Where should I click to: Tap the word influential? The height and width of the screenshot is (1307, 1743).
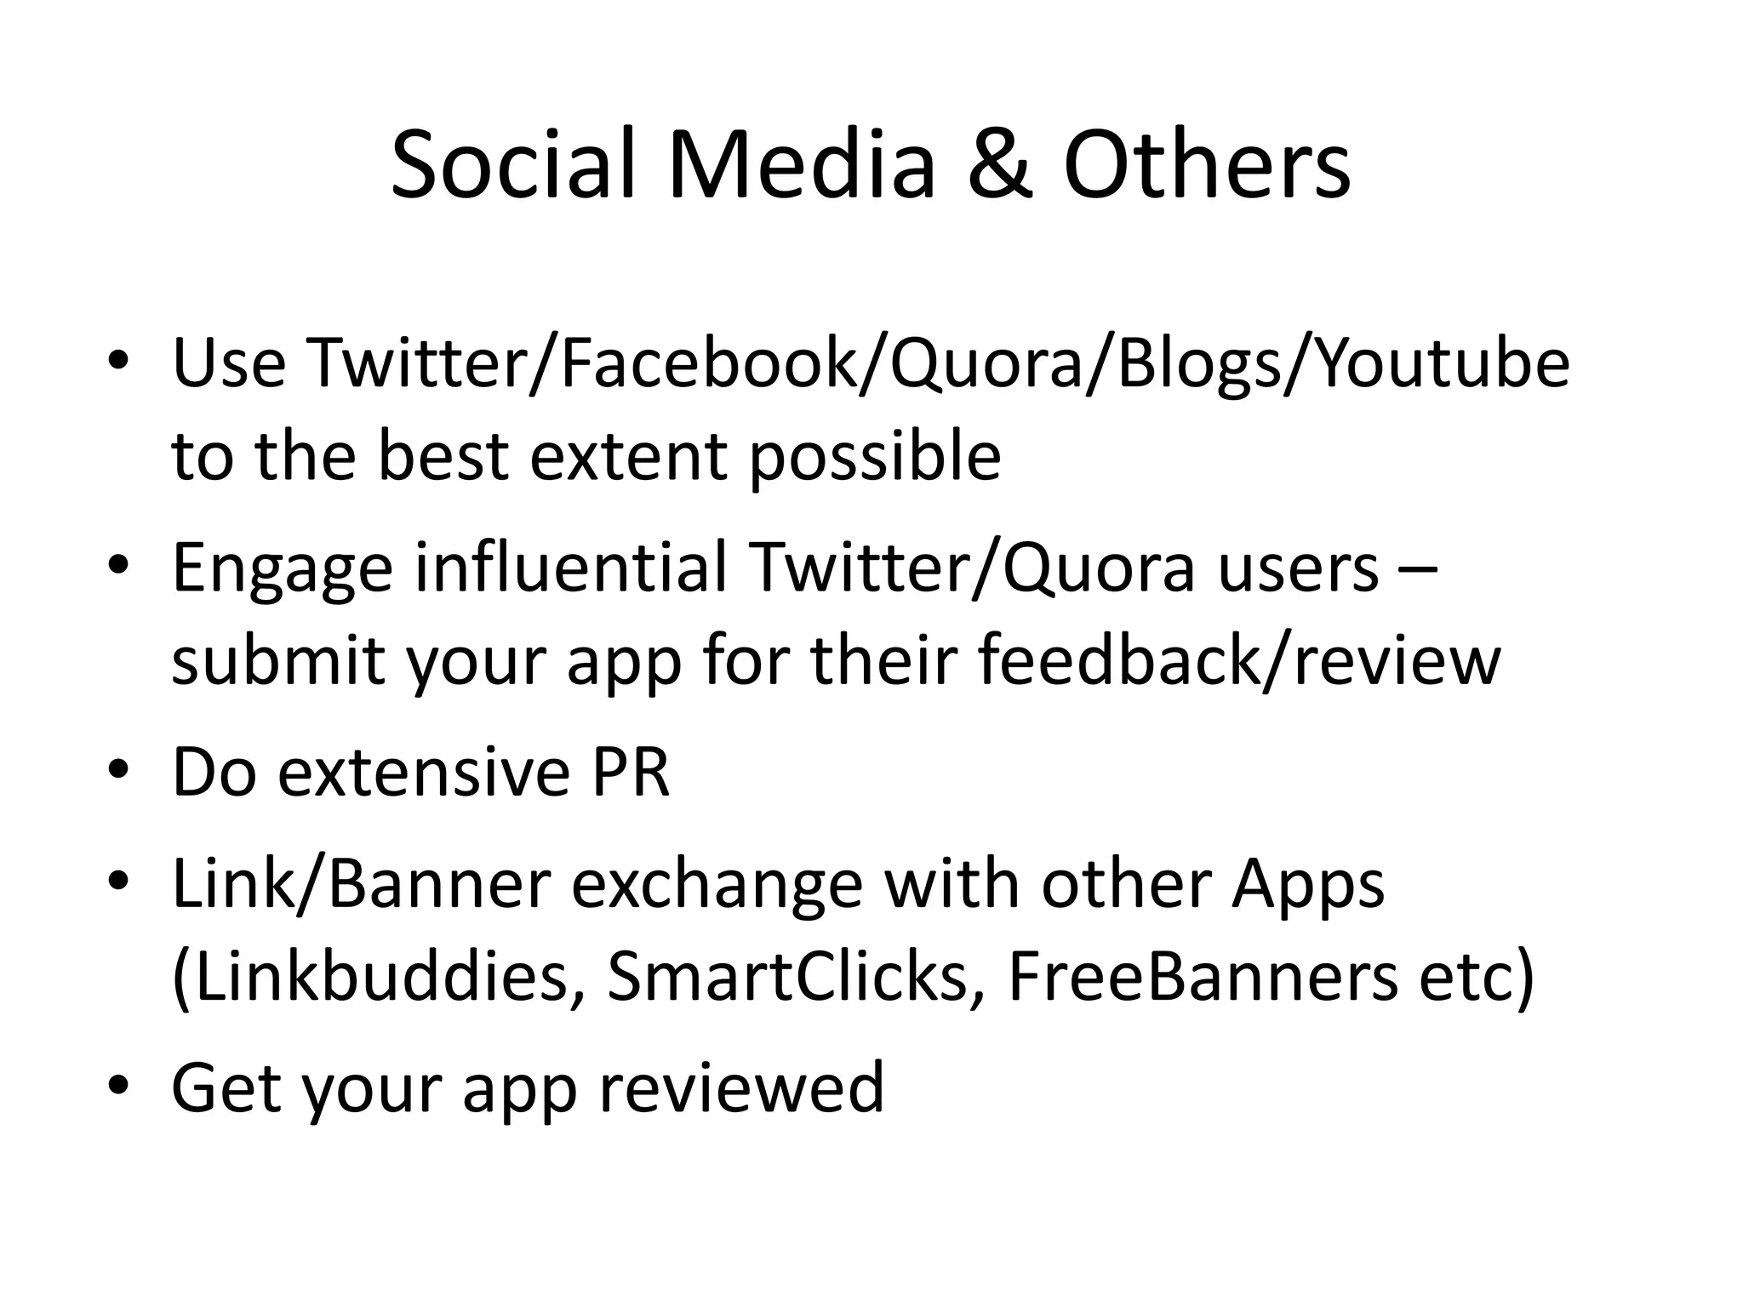click(x=571, y=568)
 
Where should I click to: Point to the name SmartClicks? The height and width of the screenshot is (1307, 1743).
click(x=787, y=977)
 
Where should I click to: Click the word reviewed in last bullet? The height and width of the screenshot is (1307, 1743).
click(x=741, y=1087)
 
